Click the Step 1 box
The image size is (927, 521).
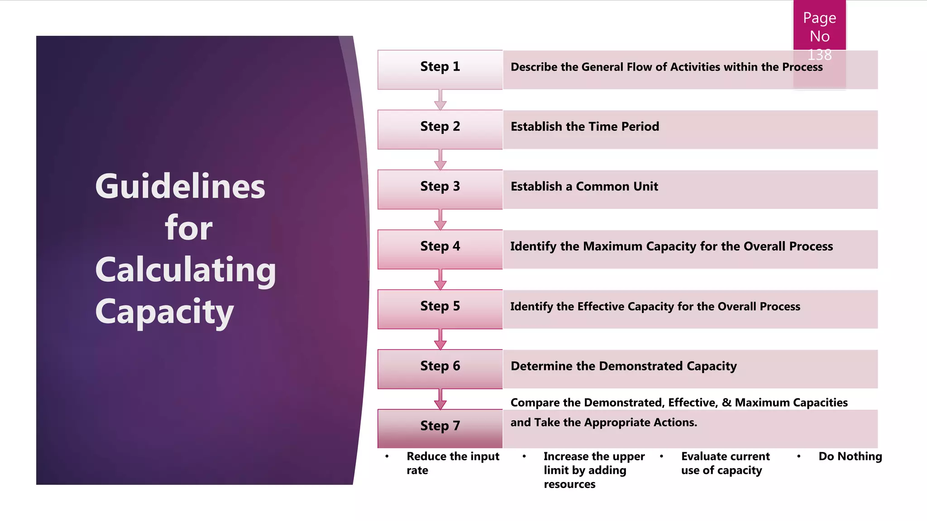[440, 69]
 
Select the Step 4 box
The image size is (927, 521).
[440, 249]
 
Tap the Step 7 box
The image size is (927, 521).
[440, 428]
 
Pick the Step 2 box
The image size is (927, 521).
[440, 129]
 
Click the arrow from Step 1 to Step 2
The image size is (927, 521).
[440, 100]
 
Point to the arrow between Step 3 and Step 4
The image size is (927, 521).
[440, 220]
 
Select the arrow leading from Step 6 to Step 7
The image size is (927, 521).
[440, 399]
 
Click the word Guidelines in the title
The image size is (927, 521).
[180, 186]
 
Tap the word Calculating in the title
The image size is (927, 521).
[186, 270]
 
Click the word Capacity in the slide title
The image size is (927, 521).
[164, 312]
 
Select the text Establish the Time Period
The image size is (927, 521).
[585, 127]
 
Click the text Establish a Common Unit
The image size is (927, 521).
[584, 186]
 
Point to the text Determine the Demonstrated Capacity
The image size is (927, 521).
[624, 366]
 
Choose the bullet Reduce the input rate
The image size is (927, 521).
[453, 463]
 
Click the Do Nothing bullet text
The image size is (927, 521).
[850, 456]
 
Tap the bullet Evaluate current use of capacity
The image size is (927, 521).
[725, 463]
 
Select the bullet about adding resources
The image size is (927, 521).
[594, 470]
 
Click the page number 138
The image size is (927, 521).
[820, 55]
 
